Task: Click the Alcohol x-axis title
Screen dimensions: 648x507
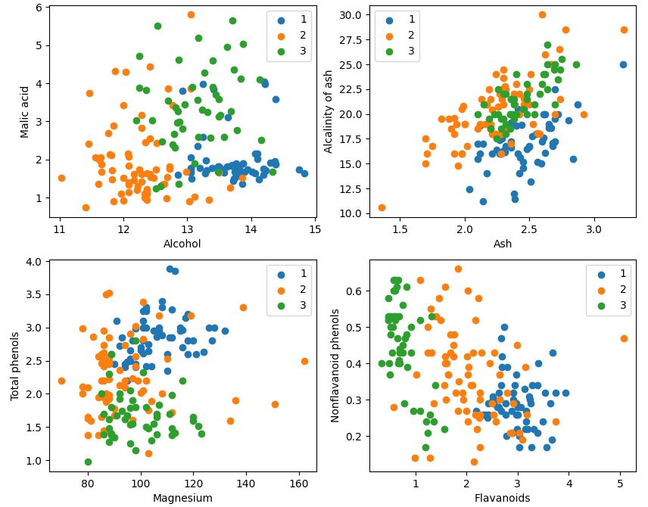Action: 182,244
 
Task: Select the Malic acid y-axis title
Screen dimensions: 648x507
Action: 24,112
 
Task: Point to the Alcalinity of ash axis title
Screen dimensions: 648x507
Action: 328,111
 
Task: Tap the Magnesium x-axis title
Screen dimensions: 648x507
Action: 182,498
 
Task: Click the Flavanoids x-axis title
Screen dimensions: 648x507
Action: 502,498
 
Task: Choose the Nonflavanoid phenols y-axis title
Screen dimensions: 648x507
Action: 335,365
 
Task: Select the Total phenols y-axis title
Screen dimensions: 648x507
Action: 15,366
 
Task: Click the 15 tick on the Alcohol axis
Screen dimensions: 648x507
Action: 315,229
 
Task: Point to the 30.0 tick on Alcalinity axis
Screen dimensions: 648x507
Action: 350,15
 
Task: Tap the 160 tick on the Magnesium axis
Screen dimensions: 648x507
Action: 299,483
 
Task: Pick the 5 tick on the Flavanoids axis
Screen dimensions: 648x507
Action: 620,483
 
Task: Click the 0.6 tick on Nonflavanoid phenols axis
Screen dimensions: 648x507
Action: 354,291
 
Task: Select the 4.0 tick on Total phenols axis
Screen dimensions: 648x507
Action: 34,262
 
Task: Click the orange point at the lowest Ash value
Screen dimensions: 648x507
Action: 382,207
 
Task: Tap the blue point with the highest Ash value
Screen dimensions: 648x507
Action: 623,64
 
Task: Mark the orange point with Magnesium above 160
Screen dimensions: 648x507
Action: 304,361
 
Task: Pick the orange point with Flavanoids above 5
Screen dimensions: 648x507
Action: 624,338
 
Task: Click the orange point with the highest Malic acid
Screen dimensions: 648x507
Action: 191,15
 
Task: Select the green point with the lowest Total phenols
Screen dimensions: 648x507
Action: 88,462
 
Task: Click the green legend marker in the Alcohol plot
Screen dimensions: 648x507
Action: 282,51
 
